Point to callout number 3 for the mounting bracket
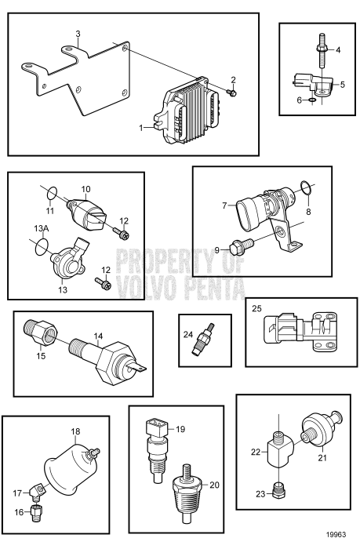point(78,33)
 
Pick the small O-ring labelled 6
point(312,101)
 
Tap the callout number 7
point(224,206)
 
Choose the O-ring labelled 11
point(49,190)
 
